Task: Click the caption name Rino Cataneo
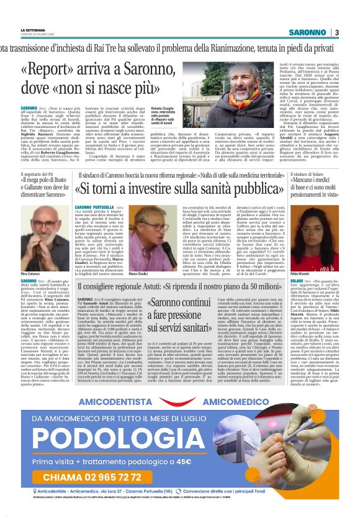point(34,255)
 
